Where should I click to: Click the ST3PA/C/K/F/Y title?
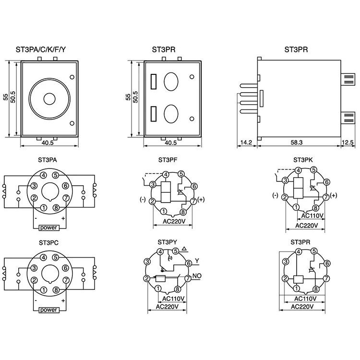[43, 49]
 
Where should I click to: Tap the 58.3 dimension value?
[297, 143]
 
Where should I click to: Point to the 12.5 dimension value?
[348, 143]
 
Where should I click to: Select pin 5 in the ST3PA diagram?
[56, 176]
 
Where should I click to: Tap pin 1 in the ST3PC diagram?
[44, 290]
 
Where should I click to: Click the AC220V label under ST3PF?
[173, 222]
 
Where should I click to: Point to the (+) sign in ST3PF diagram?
[200, 200]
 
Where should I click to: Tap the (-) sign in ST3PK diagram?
[275, 195]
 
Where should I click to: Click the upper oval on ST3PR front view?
[171, 81]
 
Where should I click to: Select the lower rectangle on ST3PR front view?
[155, 113]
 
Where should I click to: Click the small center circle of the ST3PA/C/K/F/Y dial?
[49, 98]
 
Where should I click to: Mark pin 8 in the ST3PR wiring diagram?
[316, 288]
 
